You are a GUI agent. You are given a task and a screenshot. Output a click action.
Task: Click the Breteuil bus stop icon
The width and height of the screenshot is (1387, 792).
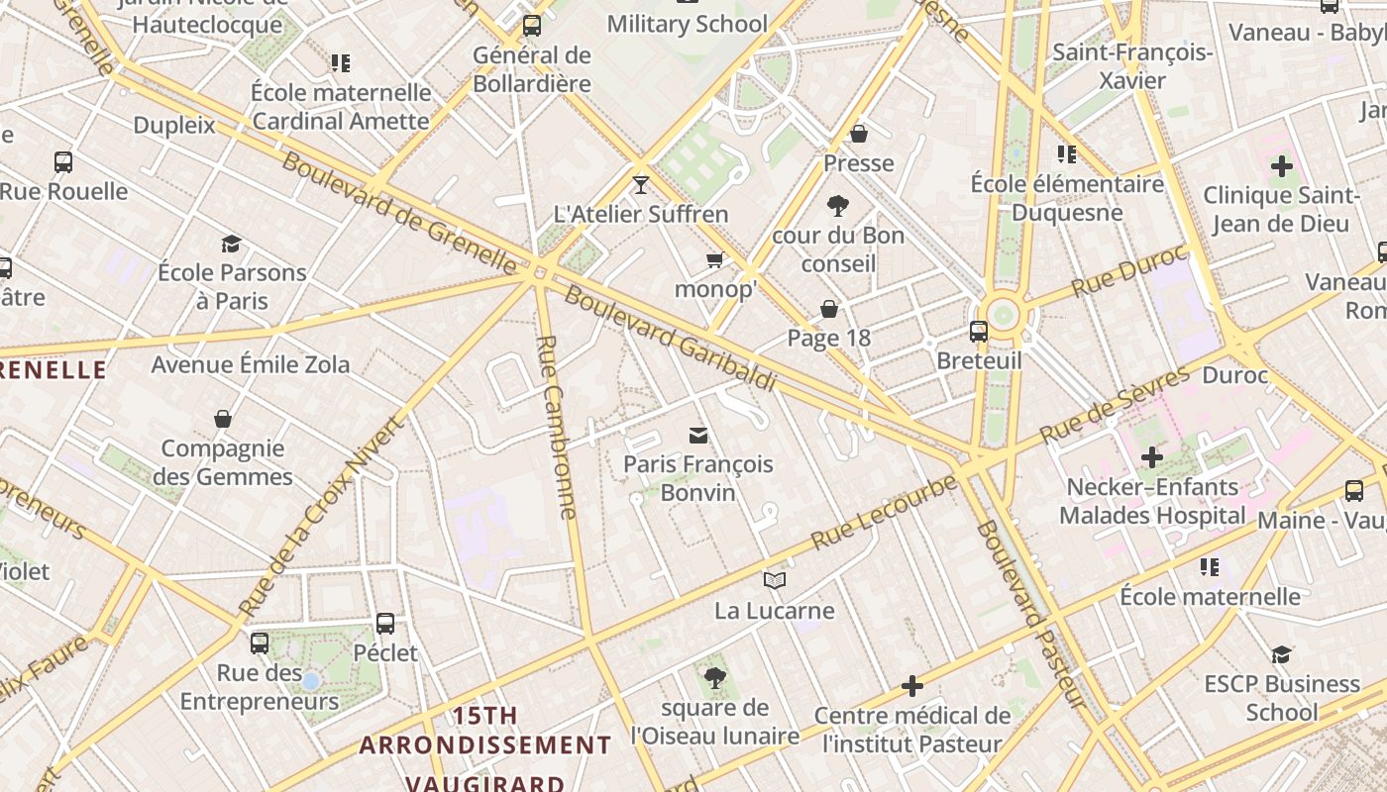pos(979,331)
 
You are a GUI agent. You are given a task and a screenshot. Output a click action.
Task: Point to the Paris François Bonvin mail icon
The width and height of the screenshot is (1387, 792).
pos(698,436)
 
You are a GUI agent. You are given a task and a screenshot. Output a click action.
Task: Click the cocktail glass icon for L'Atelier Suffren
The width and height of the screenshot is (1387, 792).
pos(641,185)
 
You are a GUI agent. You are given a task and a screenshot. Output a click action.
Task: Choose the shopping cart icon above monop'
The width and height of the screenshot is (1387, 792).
pos(714,260)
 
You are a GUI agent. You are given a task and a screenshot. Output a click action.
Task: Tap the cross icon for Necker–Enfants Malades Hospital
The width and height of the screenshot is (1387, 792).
pos(1151,457)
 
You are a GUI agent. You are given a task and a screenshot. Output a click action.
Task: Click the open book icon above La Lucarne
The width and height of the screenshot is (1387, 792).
pos(775,581)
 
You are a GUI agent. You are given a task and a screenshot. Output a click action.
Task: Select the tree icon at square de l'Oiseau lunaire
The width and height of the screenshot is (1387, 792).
pos(714,678)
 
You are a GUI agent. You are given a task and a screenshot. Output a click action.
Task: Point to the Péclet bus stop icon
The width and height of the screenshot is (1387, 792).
pos(385,624)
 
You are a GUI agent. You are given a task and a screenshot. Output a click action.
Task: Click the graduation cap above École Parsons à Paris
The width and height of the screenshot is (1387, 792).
pos(231,244)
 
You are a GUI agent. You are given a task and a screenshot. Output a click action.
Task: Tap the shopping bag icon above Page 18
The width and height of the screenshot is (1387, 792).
pos(829,309)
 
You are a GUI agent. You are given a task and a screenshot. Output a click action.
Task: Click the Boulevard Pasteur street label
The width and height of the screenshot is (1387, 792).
pos(1027,614)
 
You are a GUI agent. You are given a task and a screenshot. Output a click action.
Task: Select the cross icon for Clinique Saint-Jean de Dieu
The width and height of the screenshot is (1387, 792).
pos(1281,165)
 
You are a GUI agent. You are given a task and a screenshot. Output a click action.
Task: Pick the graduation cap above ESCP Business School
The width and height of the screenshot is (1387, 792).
pos(1281,654)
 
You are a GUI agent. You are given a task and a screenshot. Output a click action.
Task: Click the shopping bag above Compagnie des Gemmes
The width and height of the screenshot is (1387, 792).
pos(223,419)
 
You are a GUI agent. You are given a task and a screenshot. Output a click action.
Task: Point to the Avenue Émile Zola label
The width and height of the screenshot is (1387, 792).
pos(251,364)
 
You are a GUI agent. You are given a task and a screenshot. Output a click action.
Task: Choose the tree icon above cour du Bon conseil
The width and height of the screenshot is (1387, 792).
pos(838,206)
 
